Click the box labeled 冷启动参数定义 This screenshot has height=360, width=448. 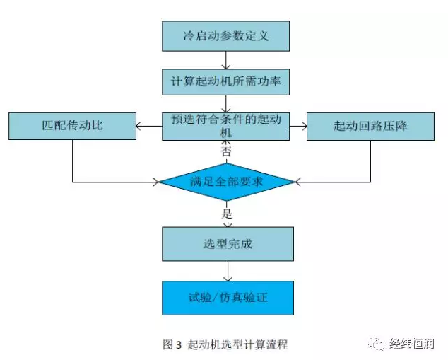(225, 36)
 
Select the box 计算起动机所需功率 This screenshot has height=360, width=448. (225, 82)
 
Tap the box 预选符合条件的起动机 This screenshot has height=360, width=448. (225, 126)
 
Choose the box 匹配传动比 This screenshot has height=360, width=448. (72, 126)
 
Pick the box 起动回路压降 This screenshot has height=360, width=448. (370, 126)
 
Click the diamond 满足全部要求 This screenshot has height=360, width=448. (227, 182)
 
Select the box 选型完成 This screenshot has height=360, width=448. (228, 244)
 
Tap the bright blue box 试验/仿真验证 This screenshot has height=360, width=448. (228, 298)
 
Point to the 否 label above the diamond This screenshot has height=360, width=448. (226, 151)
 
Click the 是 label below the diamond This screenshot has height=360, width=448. (227, 214)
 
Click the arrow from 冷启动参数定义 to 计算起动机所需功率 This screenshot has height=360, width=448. (226, 60)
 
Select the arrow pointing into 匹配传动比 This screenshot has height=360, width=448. (149, 126)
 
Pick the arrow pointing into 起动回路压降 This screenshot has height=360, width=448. (298, 126)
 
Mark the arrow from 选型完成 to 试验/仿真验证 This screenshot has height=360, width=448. (228, 271)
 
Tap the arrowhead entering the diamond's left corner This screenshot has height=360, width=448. (156, 182)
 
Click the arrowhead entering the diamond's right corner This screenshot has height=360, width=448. (297, 182)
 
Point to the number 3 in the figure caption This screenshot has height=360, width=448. (179, 344)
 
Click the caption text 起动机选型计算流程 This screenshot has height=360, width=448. (237, 344)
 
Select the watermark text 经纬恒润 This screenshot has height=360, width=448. (412, 344)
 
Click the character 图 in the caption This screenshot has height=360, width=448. (168, 344)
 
